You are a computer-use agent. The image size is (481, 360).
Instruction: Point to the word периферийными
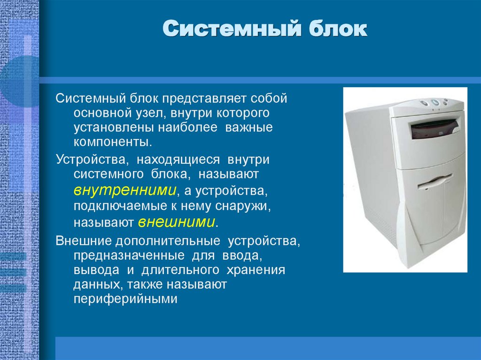125,299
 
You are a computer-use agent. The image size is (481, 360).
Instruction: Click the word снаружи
243,206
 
